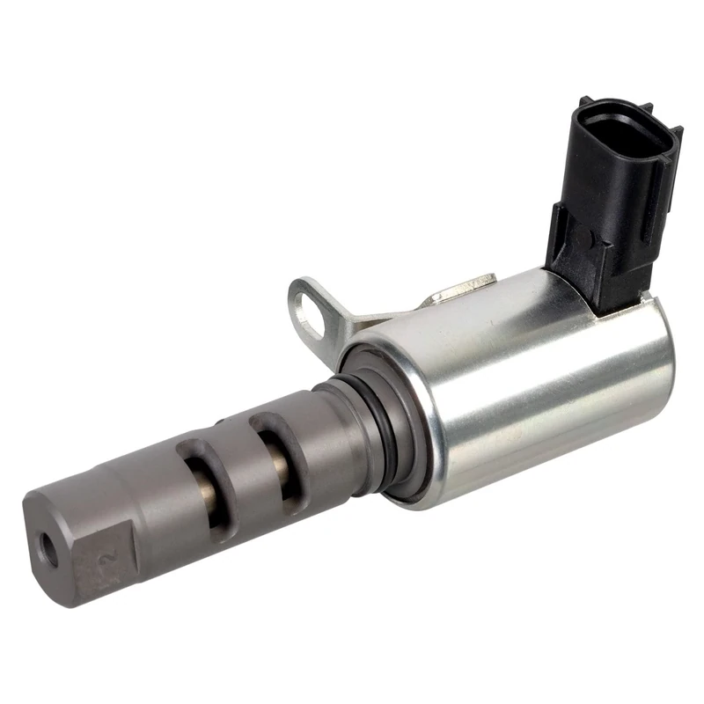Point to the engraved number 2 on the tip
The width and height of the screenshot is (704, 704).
pyautogui.click(x=110, y=555)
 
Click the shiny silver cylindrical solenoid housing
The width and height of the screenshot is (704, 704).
pyautogui.click(x=528, y=378)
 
